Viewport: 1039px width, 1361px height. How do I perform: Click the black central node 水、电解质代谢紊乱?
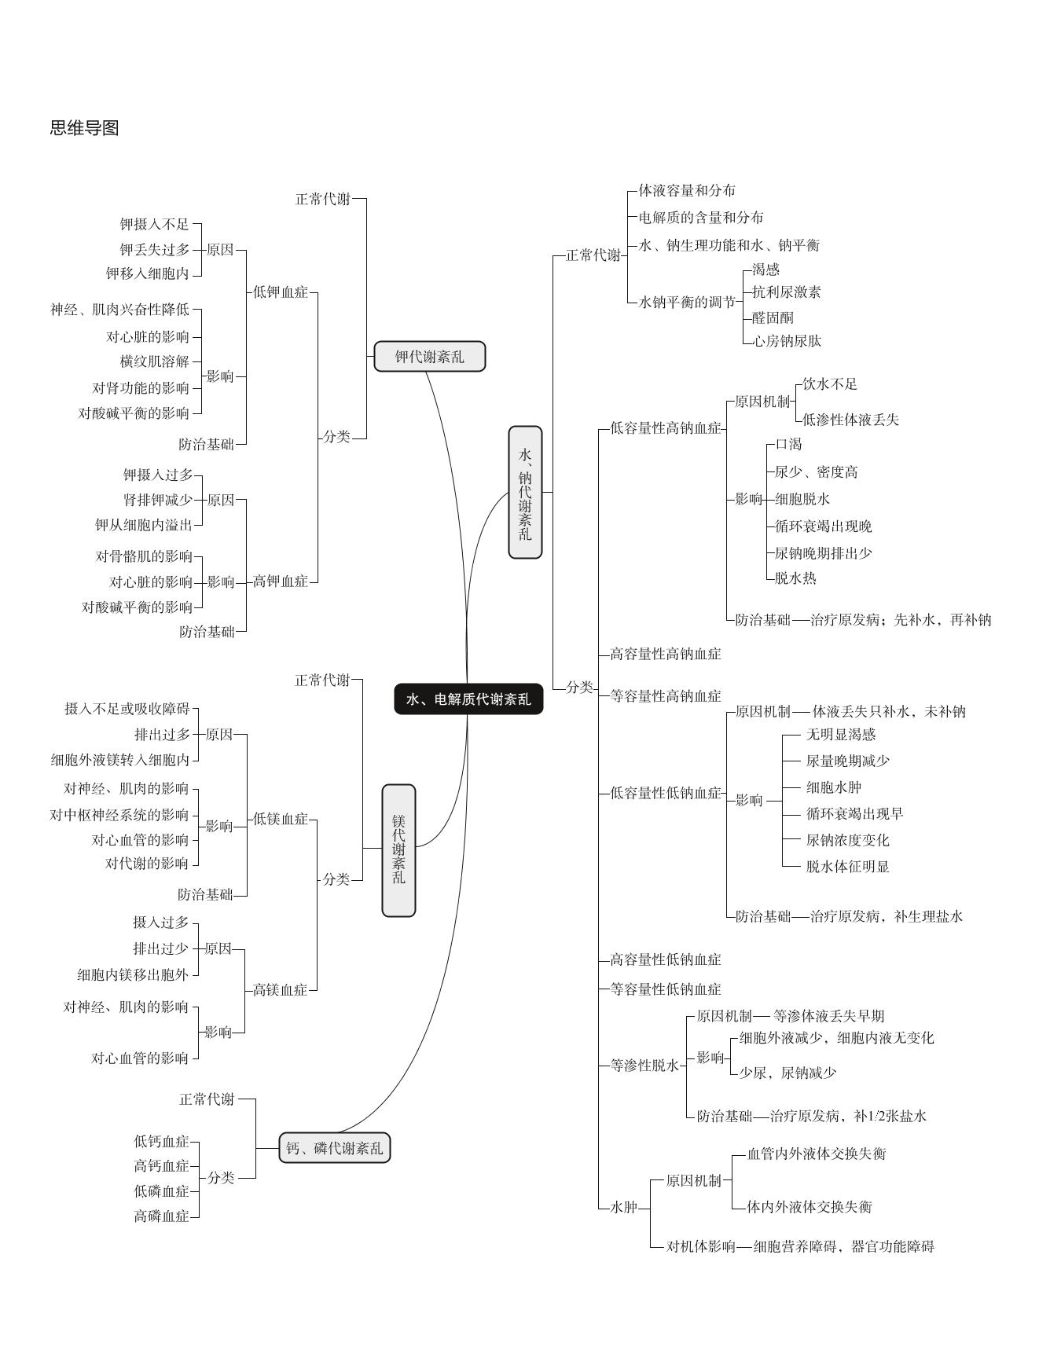(468, 699)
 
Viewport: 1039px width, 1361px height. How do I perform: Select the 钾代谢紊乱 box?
(429, 357)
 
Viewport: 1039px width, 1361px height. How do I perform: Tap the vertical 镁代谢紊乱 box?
(398, 849)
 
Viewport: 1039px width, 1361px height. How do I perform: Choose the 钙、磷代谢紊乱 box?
(335, 1148)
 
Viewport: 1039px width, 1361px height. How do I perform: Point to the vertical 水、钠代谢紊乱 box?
(525, 493)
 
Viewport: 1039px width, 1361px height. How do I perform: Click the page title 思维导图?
(84, 128)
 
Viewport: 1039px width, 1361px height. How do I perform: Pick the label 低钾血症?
(281, 292)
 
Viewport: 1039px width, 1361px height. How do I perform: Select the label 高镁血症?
(280, 990)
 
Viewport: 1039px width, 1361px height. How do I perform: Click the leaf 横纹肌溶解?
(155, 361)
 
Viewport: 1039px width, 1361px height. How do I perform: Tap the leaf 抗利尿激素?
(786, 292)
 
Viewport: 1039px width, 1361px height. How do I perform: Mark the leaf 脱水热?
(795, 578)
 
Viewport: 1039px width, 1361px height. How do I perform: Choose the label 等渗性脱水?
(644, 1066)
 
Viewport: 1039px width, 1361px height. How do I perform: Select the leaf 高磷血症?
(161, 1216)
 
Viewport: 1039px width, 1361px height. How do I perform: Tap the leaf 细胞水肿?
(834, 787)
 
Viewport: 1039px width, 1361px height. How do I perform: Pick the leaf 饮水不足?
(830, 384)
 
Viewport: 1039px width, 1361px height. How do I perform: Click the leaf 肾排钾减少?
(158, 500)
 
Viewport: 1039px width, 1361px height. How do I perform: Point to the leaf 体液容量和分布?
(687, 191)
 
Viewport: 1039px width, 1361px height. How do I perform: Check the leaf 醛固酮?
(773, 317)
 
